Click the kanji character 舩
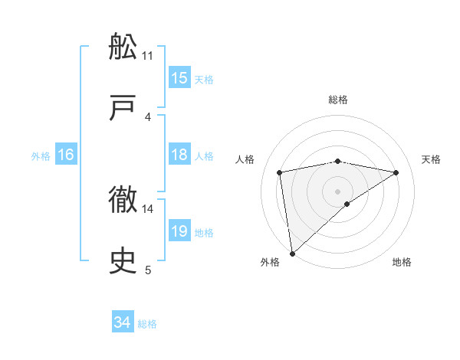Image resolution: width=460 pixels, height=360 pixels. tap(123, 47)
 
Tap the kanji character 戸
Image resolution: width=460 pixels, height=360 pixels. tap(123, 108)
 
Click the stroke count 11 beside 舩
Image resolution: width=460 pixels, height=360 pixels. tap(148, 55)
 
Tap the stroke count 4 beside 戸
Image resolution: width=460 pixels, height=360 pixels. tap(148, 116)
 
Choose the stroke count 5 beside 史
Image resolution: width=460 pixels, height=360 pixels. tap(148, 270)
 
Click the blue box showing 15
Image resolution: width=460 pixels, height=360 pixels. tap(179, 78)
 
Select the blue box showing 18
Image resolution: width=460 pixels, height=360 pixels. tap(179, 155)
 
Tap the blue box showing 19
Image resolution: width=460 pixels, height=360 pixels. tap(179, 231)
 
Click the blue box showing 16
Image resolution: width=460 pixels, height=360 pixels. tap(66, 155)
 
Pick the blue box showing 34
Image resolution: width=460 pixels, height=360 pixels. tap(123, 323)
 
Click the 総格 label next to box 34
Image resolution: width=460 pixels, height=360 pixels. tap(147, 324)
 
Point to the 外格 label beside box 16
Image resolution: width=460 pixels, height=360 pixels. tap(41, 156)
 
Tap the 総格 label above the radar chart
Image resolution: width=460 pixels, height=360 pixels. tap(337, 100)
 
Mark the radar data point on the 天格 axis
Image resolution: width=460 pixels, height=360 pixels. tap(396, 172)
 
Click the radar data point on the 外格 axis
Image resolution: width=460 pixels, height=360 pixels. tap(291, 253)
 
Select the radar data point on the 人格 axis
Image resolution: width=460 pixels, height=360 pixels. tap(280, 172)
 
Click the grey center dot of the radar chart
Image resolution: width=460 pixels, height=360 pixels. tap(337, 191)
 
